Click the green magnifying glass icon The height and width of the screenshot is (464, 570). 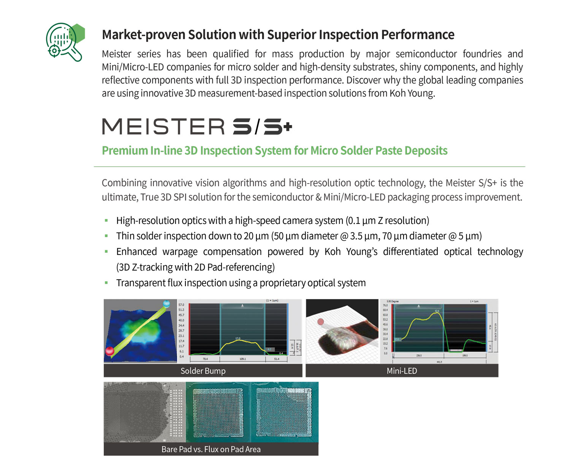(x=64, y=42)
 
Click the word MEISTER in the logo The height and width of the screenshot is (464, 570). (x=163, y=127)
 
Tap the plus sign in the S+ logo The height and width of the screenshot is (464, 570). (x=287, y=126)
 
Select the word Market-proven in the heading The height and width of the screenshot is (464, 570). (x=144, y=35)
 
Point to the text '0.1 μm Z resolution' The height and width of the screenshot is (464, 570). (x=388, y=220)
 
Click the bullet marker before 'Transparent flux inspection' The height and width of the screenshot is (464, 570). (x=106, y=283)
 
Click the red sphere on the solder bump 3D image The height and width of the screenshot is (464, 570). (x=110, y=351)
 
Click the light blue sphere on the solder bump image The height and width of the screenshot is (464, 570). (x=166, y=304)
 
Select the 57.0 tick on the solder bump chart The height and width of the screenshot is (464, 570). (x=181, y=305)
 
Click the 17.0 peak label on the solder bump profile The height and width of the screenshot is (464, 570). (x=238, y=338)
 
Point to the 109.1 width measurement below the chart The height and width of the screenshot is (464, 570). (x=242, y=359)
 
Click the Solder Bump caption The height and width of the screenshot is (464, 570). (x=203, y=371)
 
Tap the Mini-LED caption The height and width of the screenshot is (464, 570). (x=402, y=371)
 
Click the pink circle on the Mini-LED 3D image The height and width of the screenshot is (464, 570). (x=320, y=322)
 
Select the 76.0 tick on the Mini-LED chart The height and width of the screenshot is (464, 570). (x=385, y=305)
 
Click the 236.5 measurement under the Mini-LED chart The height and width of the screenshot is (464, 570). (x=419, y=356)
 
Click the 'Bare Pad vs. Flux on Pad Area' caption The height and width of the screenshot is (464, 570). (x=211, y=449)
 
